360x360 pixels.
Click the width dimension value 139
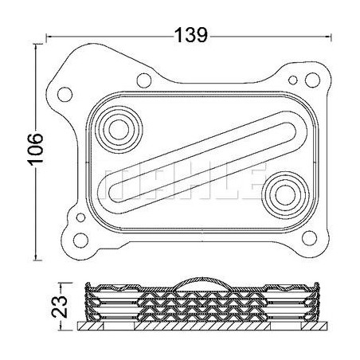[x=191, y=35]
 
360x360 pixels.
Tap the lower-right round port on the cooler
[x=282, y=192]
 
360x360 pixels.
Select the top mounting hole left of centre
[x=144, y=80]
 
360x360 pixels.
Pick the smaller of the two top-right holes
[x=296, y=80]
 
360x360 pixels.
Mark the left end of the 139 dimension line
[x=47, y=35]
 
